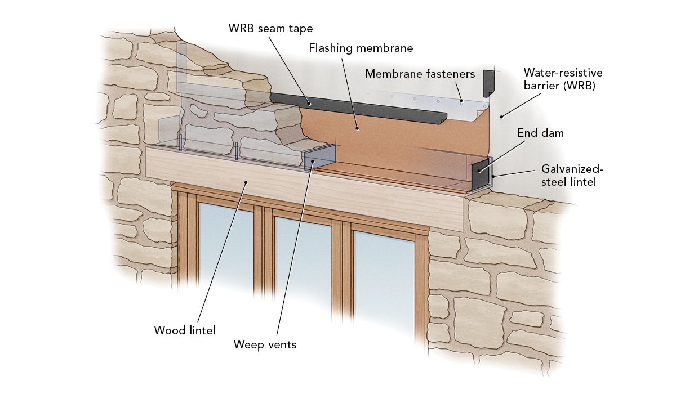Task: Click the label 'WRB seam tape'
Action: (270, 28)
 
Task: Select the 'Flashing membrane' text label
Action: (361, 48)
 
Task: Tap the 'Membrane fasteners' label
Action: (420, 74)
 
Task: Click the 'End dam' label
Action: (540, 134)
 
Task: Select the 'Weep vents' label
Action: (265, 344)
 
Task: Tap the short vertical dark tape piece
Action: (488, 83)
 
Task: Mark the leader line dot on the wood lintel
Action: (246, 182)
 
